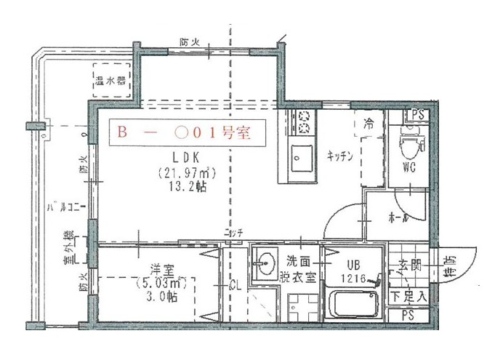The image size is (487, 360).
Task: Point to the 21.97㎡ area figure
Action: [x=186, y=173]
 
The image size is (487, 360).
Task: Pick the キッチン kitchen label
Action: [x=339, y=155]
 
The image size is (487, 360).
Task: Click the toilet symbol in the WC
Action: [x=410, y=146]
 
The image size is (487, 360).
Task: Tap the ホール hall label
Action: [x=398, y=218]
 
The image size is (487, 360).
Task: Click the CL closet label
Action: [x=236, y=284]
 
